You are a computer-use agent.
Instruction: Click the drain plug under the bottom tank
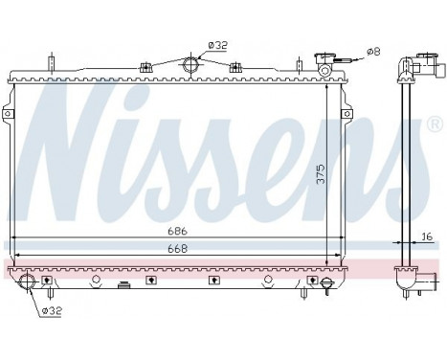123,284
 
